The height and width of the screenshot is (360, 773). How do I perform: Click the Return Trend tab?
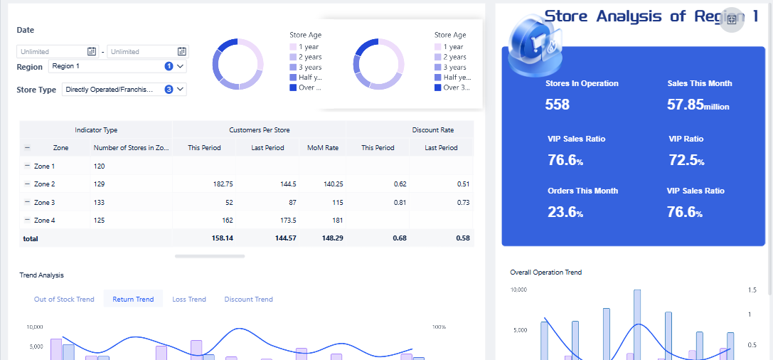[x=133, y=299]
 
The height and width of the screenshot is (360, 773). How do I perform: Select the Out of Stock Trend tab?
[x=64, y=299]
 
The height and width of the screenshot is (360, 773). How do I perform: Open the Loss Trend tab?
[x=189, y=299]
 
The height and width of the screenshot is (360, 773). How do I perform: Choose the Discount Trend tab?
[x=248, y=299]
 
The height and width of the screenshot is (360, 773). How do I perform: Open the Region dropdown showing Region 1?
[x=117, y=66]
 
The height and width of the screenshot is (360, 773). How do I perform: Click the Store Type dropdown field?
[x=124, y=90]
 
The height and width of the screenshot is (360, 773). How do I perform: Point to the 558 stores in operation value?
[x=558, y=105]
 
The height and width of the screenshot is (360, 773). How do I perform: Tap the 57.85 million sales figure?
[x=698, y=105]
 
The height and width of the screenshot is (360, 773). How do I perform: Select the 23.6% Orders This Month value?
[x=565, y=212]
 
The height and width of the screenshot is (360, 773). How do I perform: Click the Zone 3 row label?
[x=44, y=203]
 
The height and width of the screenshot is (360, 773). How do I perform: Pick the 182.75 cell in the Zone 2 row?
[x=223, y=184]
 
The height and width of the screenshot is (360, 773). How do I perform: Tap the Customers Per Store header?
[x=259, y=130]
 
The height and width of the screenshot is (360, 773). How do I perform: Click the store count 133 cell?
[x=100, y=203]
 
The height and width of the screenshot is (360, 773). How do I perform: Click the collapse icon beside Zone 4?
[x=27, y=221]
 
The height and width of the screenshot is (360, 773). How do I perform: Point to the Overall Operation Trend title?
[x=545, y=272]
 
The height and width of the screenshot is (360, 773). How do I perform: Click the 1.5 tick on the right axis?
[x=752, y=290]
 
